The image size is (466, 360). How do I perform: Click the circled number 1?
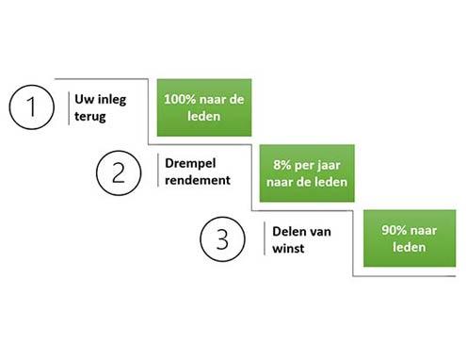click(33, 106)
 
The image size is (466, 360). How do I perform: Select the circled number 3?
click(222, 238)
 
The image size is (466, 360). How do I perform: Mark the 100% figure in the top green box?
click(179, 99)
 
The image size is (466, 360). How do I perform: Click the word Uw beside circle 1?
click(84, 98)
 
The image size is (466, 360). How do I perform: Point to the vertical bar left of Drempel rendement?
click(156, 172)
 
